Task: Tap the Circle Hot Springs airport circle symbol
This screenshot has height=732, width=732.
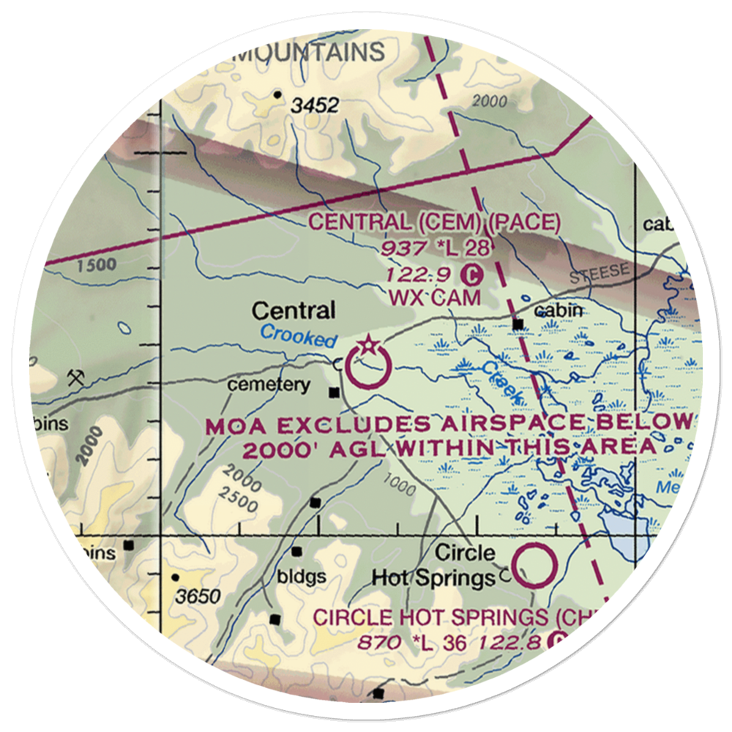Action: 534,564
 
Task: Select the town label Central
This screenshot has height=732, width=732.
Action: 294,311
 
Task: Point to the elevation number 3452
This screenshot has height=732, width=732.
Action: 314,106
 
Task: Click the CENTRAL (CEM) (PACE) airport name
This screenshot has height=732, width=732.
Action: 434,223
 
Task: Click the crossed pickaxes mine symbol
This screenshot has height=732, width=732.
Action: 75,378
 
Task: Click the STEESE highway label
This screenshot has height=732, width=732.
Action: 598,272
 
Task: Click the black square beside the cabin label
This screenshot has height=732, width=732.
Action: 518,324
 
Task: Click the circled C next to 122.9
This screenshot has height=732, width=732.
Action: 473,275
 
